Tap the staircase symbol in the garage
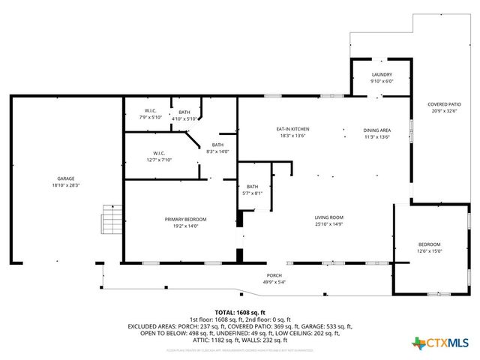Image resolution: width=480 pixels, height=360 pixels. tap(112, 219)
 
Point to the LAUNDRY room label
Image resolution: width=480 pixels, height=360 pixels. tap(382, 75)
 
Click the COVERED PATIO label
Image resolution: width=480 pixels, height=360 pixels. tap(444, 104)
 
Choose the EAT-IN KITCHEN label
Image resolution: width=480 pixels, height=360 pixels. tap(293, 129)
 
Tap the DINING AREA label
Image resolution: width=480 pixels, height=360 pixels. tap(377, 129)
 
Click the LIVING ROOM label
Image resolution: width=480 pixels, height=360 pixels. tap(328, 217)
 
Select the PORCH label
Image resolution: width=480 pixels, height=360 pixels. tap(274, 275)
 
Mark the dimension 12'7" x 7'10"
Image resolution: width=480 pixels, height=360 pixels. tap(158, 160)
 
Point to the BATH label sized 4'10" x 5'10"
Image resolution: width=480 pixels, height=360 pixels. tap(184, 112)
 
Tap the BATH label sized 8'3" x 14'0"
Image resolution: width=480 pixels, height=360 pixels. tap(217, 145)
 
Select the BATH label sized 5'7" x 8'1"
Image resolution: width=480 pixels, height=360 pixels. tap(253, 187)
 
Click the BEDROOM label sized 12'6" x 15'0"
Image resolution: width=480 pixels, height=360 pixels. tap(430, 244)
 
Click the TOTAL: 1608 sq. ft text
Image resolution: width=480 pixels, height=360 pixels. tap(240, 312)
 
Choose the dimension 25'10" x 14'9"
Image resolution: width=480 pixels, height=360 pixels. tap(328, 224)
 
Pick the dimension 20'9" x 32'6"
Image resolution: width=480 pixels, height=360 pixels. tap(444, 111)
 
